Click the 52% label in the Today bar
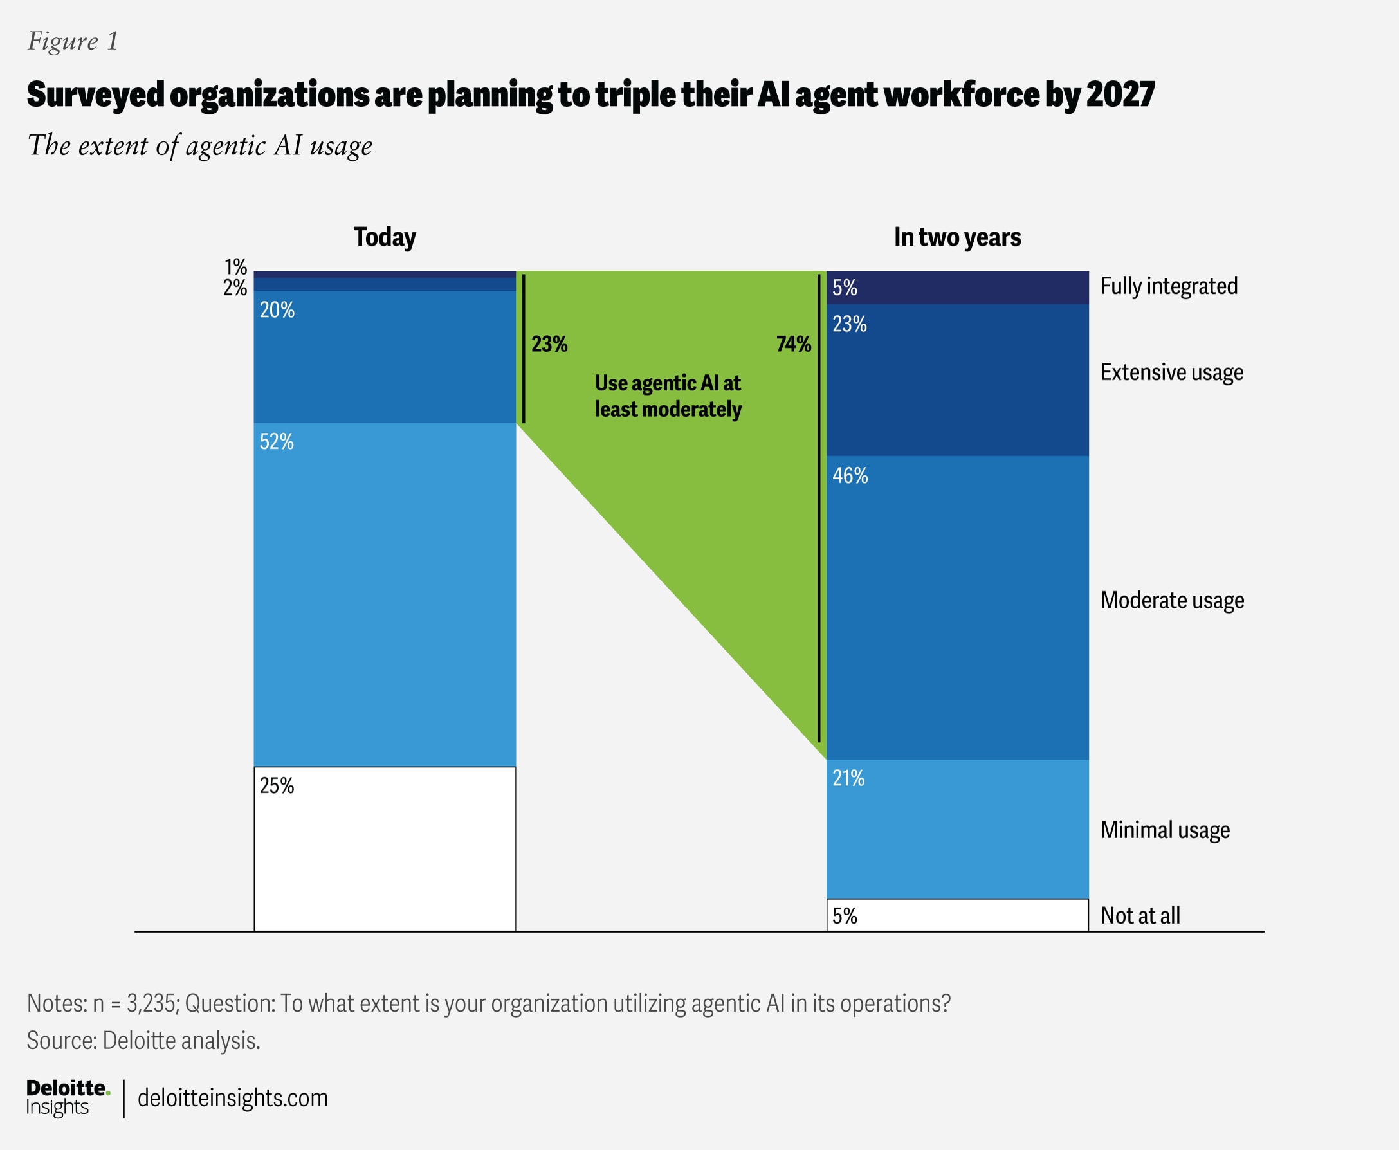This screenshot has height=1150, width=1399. (276, 442)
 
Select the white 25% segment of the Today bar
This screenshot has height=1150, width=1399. (384, 848)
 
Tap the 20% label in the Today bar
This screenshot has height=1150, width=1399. (277, 310)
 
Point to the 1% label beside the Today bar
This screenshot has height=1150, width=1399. (235, 267)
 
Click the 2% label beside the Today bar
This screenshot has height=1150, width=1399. (235, 287)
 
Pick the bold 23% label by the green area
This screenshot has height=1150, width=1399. (549, 344)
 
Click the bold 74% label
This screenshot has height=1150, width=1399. (794, 344)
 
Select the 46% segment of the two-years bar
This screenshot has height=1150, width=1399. (957, 607)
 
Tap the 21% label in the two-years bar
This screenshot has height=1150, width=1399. (848, 778)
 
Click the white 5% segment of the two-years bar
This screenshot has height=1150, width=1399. (957, 915)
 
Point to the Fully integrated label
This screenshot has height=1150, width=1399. (1169, 286)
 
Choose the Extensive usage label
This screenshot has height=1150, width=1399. (1172, 372)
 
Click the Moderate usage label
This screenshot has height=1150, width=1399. (1173, 600)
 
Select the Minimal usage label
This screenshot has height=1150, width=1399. (1165, 830)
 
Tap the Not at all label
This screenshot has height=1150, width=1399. (1140, 915)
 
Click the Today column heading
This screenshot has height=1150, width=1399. (385, 237)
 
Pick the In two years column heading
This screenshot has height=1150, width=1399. (957, 237)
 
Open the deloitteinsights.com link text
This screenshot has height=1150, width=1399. (232, 1098)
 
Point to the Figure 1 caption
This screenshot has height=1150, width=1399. (73, 41)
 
